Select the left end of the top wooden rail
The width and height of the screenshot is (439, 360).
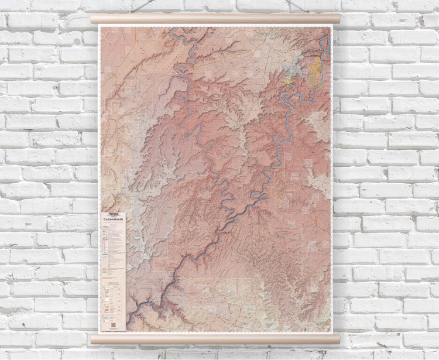[x=94, y=19]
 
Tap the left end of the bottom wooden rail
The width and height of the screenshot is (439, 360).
[x=94, y=339]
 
